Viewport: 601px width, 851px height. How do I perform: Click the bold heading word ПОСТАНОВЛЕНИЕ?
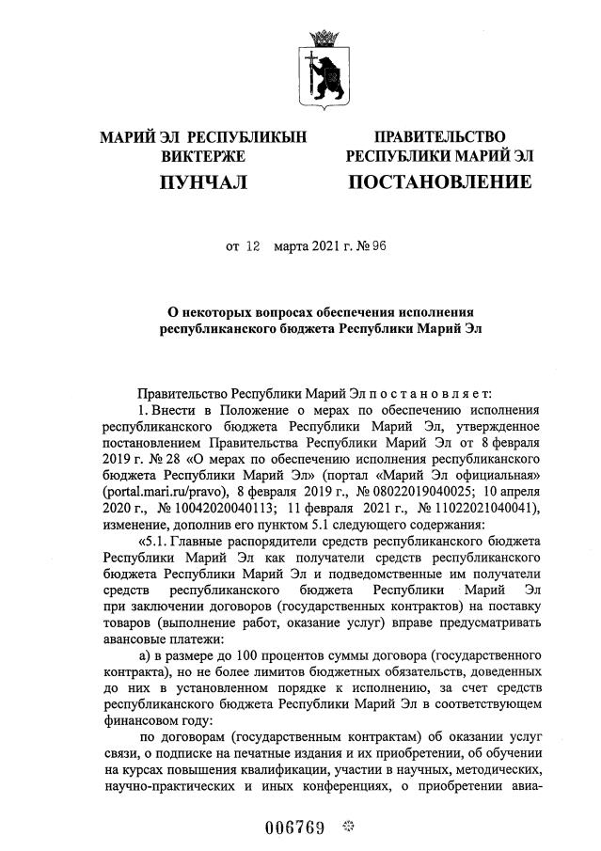click(x=439, y=181)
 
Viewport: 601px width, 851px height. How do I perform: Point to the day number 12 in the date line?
click(x=252, y=247)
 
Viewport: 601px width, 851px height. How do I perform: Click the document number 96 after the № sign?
click(x=379, y=247)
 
